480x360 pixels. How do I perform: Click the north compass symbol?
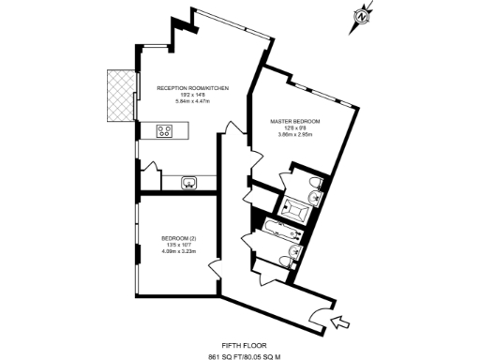tap(363, 16)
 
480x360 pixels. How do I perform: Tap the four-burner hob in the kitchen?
tap(166, 131)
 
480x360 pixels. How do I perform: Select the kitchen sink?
tap(187, 181)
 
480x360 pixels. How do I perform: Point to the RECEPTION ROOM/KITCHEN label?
tap(192, 87)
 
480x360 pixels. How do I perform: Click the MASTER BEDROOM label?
tap(295, 122)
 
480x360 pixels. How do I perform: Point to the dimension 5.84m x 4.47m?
tap(192, 101)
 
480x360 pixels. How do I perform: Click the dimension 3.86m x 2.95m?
tap(295, 135)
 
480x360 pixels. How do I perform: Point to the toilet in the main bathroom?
tap(298, 251)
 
